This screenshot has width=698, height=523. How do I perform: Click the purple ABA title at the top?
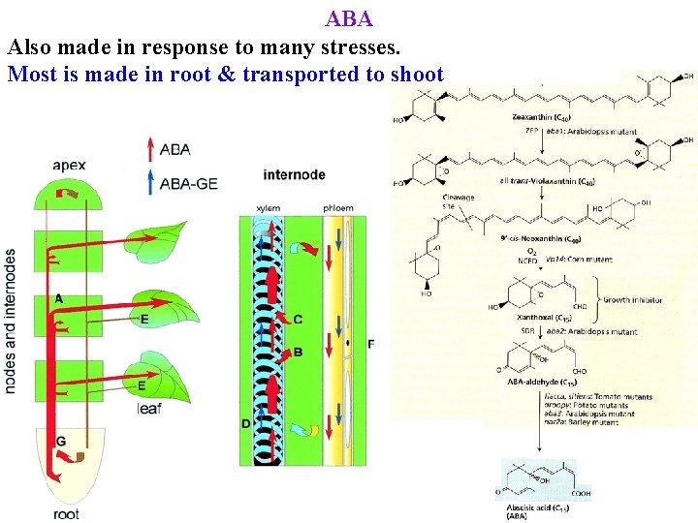(349, 18)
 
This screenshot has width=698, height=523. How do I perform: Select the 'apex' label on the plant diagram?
(70, 166)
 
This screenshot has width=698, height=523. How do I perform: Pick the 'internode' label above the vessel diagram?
(294, 175)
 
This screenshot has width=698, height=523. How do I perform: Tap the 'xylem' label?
(269, 208)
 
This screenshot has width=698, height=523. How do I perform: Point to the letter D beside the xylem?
(246, 424)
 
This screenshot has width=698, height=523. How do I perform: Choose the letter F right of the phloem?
(371, 344)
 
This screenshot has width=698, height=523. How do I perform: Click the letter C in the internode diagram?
(298, 320)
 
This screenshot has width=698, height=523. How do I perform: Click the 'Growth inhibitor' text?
(635, 300)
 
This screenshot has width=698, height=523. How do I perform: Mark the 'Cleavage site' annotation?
(459, 201)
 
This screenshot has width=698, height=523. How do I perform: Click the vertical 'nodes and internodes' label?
(11, 321)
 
